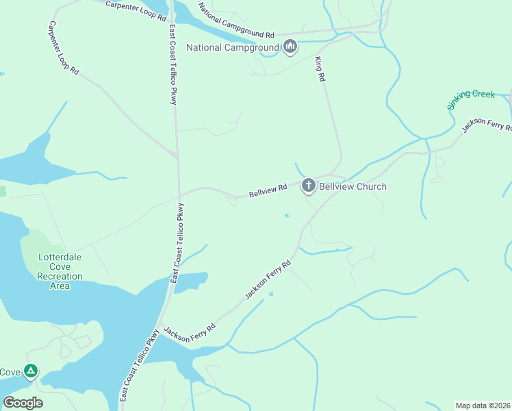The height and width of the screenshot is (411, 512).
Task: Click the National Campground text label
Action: [x=233, y=47]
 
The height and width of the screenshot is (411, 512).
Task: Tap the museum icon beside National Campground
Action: [x=290, y=47]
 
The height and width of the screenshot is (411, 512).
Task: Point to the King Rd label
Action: [x=319, y=70]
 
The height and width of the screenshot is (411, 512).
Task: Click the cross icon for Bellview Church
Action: [x=308, y=185]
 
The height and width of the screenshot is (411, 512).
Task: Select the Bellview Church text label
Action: [x=353, y=186]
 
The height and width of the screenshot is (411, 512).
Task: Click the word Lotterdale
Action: [x=60, y=258]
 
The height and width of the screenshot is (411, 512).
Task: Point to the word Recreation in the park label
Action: [x=60, y=276]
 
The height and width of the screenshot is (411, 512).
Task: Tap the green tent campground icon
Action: [x=30, y=371]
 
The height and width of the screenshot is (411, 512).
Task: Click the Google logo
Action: [x=23, y=403]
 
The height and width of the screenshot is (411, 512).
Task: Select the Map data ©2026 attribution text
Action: [x=483, y=406]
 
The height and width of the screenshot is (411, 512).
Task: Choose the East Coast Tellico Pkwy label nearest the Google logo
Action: [x=140, y=366]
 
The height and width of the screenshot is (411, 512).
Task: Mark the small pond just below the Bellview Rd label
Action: [x=287, y=216]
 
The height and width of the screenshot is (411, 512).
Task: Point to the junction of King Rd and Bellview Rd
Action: [x=332, y=175]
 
